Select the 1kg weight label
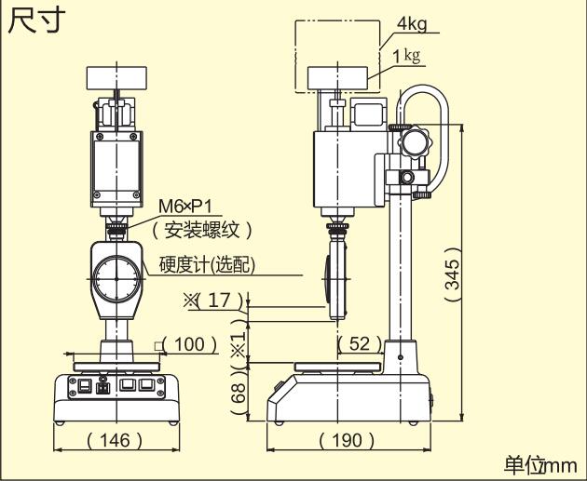click(x=406, y=56)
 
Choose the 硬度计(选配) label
click(x=207, y=264)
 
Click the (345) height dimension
click(x=451, y=275)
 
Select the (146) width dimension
click(x=116, y=439)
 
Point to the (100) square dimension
click(x=189, y=344)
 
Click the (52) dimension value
click(x=359, y=344)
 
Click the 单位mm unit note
click(x=539, y=464)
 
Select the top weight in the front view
click(x=117, y=76)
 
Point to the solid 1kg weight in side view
click(x=336, y=76)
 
